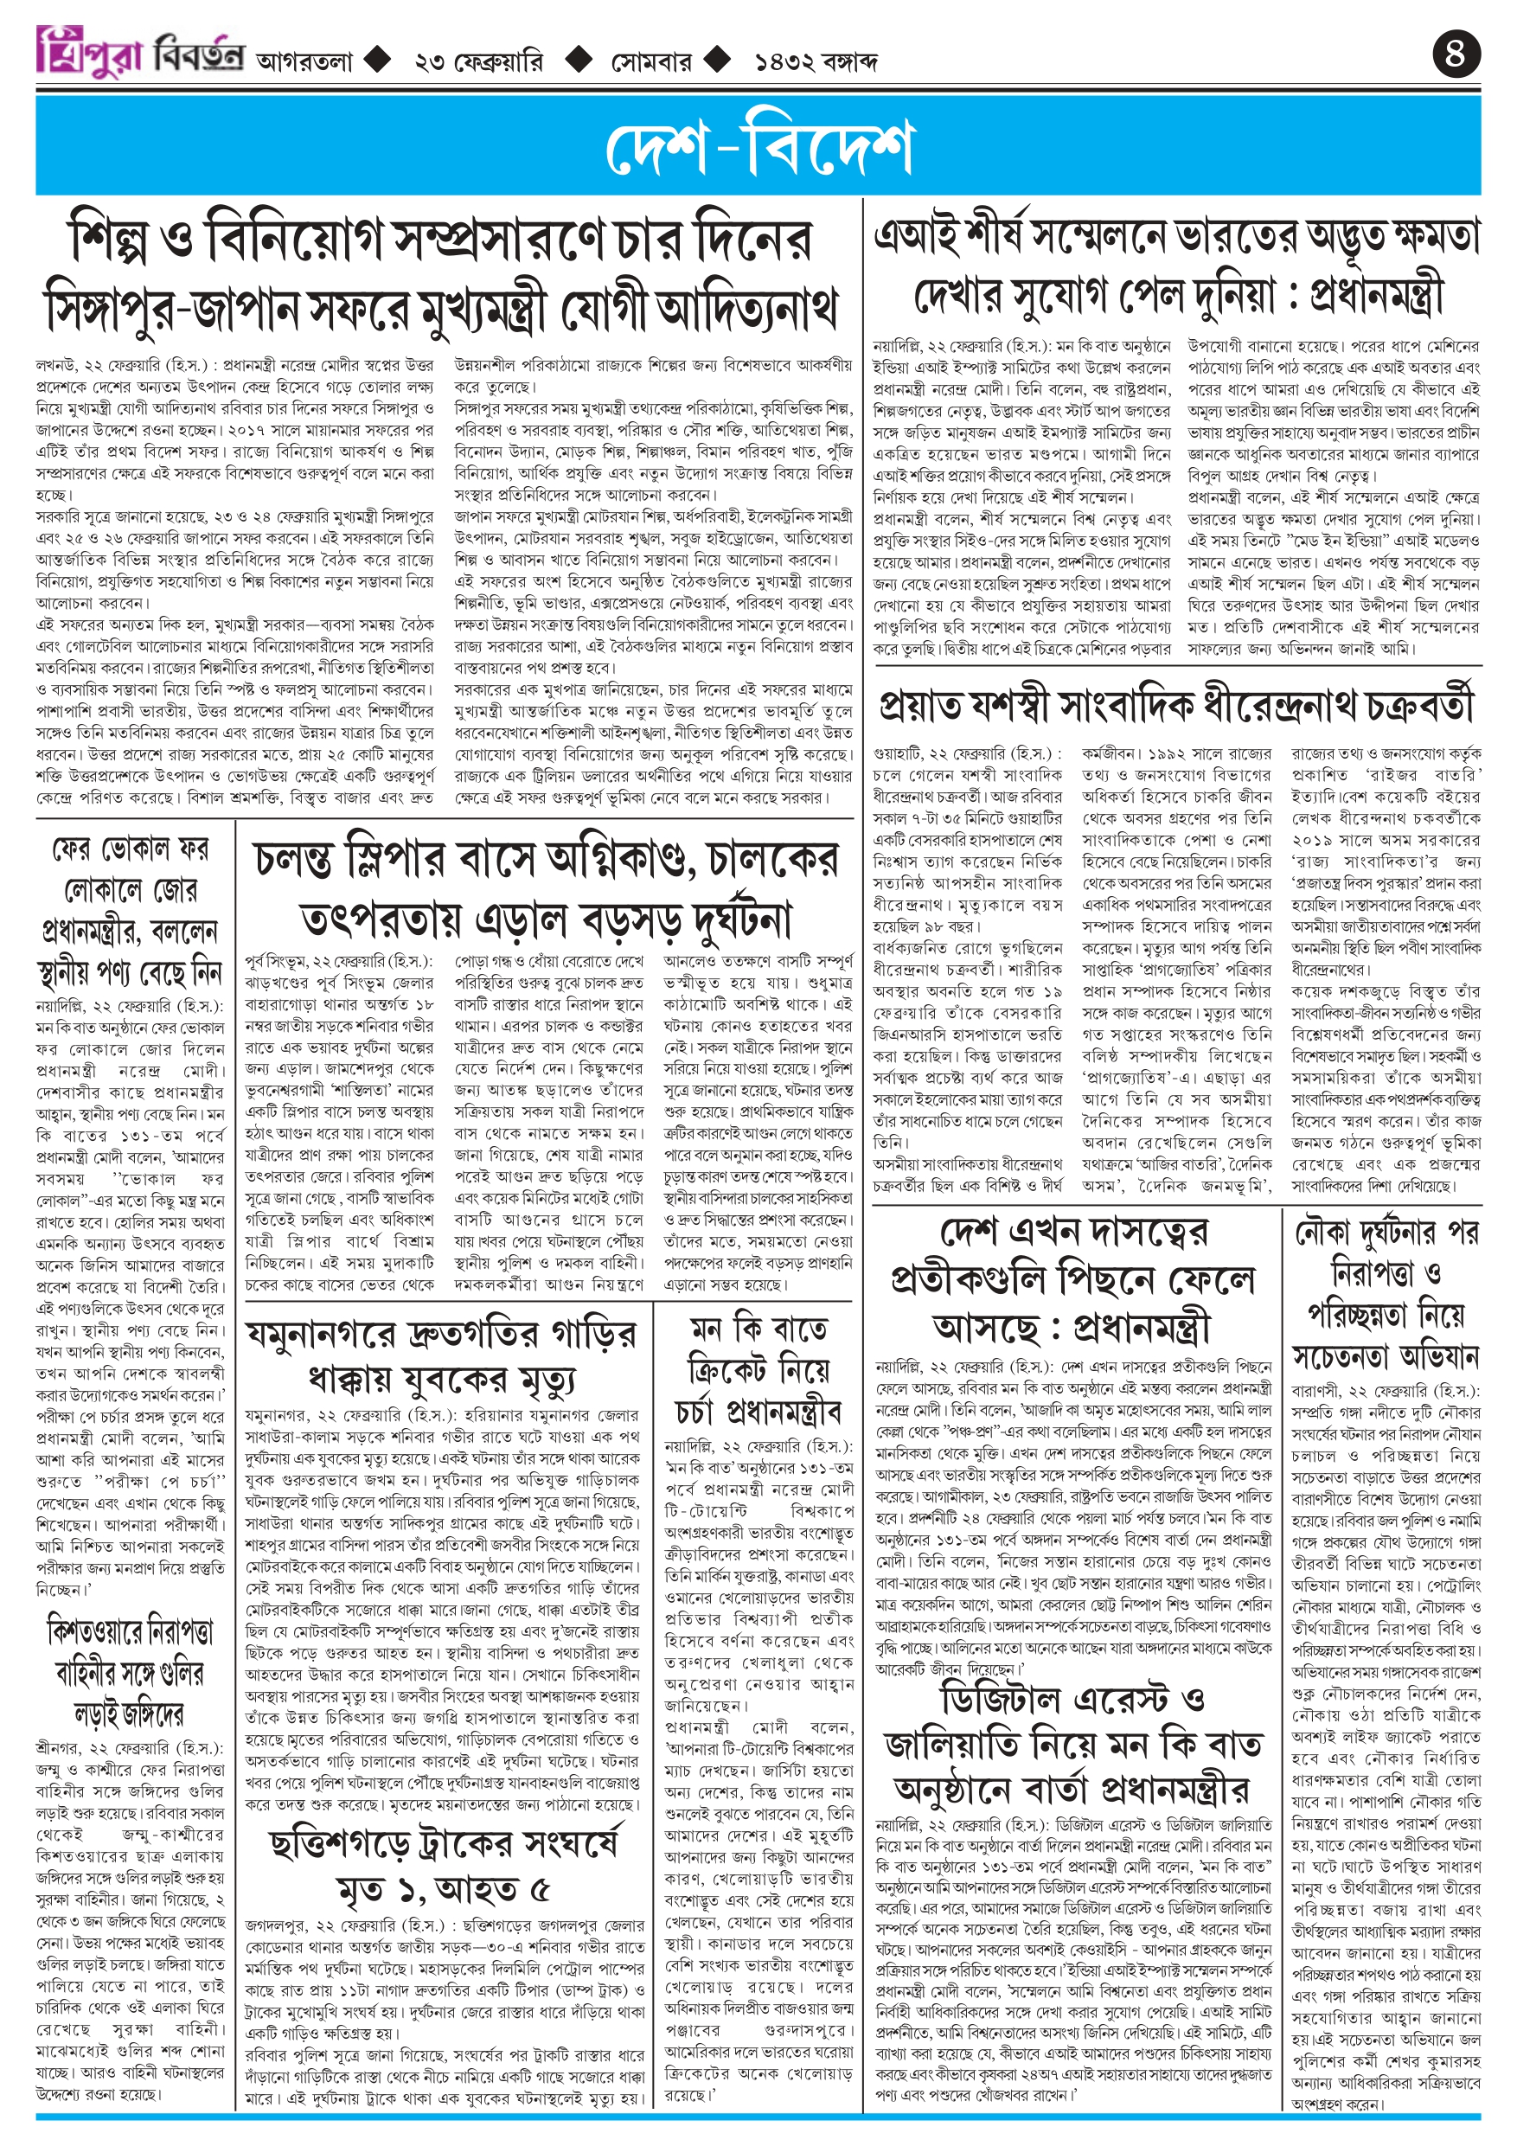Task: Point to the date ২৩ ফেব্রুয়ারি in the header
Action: point(477,62)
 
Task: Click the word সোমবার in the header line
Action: point(651,62)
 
